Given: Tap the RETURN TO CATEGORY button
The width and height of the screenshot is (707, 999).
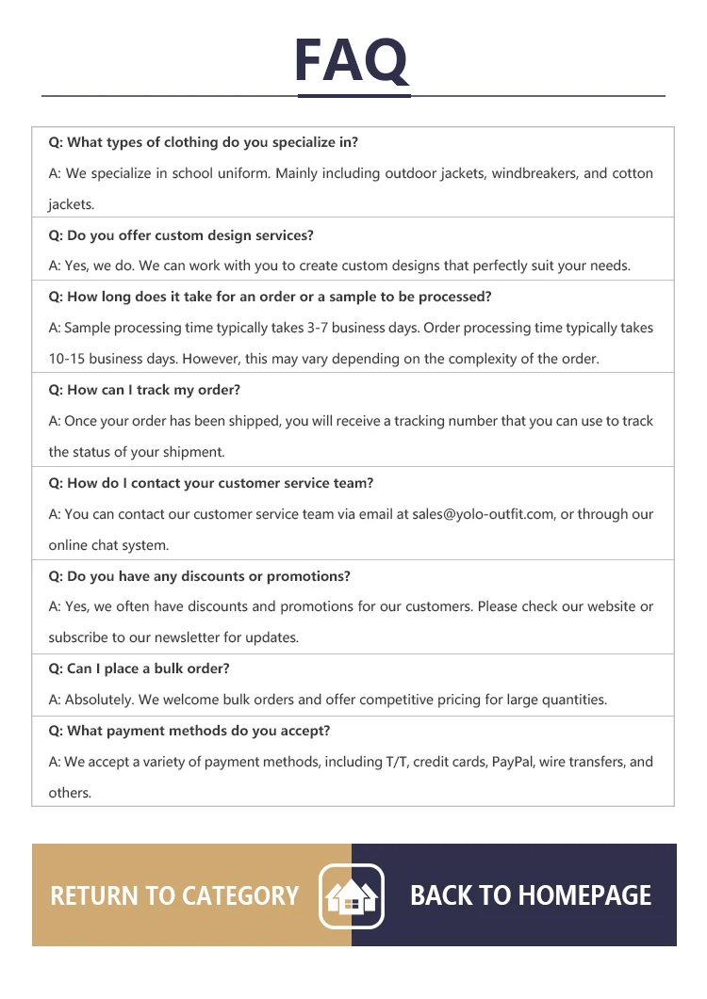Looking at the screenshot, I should pos(174,895).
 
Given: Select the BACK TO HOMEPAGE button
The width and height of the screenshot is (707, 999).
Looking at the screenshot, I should pos(531,895).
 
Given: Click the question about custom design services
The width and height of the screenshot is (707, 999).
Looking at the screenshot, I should pos(181,235).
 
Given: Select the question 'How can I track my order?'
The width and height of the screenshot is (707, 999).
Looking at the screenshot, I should pos(144,390).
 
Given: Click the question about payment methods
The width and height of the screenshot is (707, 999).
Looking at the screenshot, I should pos(189,731).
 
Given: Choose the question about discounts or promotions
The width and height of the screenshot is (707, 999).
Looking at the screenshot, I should pos(199,576).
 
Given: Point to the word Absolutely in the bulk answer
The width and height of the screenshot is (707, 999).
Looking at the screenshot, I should pos(100,700).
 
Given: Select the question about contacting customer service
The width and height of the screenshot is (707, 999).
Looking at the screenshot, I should pos(211,483).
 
